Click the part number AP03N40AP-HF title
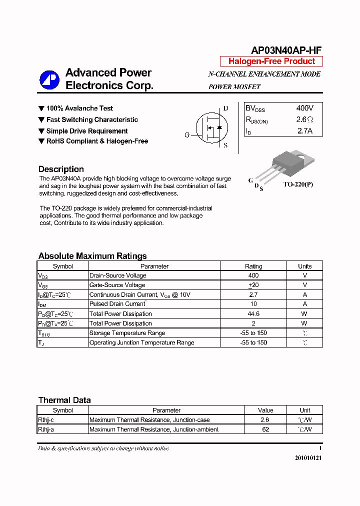285,50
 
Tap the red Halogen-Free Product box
271,61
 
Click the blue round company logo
49,79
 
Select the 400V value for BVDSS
304,108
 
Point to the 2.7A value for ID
304,131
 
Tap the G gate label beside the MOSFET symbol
187,135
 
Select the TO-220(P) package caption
298,184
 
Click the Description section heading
61,169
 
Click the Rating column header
253,266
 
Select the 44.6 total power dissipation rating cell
253,314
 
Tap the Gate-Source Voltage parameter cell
117,285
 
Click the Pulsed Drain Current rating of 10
253,304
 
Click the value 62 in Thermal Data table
265,429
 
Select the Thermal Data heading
64,400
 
